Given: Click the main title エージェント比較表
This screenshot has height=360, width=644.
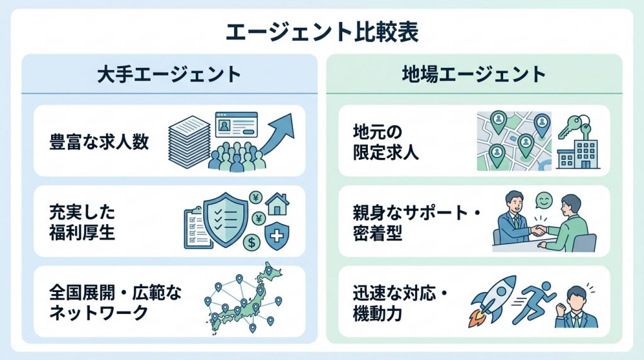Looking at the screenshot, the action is click(x=322, y=33).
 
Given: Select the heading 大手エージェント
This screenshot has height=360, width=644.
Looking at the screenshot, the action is click(x=169, y=75).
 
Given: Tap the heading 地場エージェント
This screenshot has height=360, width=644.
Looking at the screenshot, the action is click(x=474, y=74).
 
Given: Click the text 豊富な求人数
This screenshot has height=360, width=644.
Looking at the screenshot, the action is click(x=99, y=142).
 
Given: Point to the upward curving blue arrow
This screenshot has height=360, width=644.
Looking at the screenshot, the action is click(x=275, y=138).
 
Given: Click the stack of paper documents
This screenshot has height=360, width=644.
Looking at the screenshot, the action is click(x=189, y=142).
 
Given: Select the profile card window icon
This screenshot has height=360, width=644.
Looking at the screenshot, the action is click(x=236, y=125).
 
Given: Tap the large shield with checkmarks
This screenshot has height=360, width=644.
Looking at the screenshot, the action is click(x=226, y=219).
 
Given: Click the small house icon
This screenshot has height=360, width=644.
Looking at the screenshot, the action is click(x=277, y=204).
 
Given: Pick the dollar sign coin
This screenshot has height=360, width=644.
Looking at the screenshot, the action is click(x=252, y=242).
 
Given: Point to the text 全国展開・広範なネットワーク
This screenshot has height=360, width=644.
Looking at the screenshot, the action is click(x=115, y=303).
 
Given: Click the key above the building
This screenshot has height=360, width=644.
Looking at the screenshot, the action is click(x=572, y=125).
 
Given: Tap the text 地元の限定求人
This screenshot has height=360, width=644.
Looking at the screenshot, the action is click(x=386, y=142).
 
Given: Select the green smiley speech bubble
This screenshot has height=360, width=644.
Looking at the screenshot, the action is click(x=544, y=202).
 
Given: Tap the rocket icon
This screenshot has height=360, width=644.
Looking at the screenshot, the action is click(x=492, y=301).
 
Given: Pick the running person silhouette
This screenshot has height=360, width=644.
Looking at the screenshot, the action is click(x=533, y=303).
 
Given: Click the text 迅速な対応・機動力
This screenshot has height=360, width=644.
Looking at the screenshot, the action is click(x=400, y=303).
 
